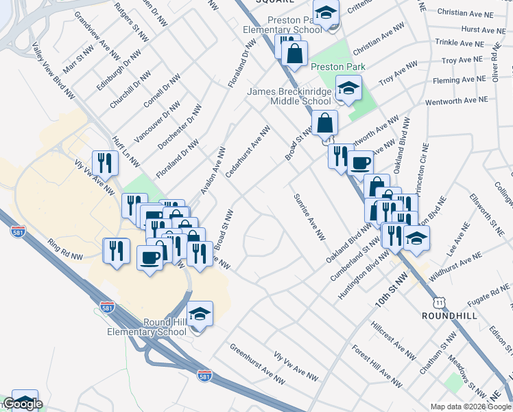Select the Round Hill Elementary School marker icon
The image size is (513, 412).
click(200, 313)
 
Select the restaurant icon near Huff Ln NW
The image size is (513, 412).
click(105, 163)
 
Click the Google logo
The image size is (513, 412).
click(23, 404)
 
